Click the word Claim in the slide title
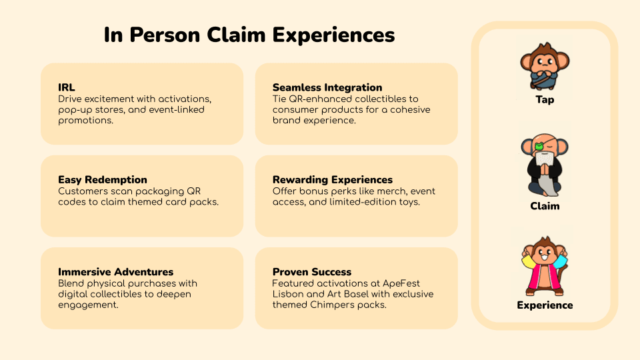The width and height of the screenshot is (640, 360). pyautogui.click(x=236, y=35)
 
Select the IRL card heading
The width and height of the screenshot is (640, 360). pyautogui.click(x=67, y=87)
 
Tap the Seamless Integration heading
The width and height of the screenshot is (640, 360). pyautogui.click(x=327, y=87)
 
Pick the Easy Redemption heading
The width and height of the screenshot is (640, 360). pyautogui.click(x=103, y=179)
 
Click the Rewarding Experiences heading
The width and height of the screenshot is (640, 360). pyautogui.click(x=333, y=179)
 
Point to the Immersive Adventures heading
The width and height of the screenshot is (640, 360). pyautogui.click(x=115, y=272)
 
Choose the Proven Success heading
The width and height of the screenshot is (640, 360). pyautogui.click(x=312, y=272)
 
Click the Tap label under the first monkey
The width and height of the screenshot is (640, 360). pyautogui.click(x=545, y=100)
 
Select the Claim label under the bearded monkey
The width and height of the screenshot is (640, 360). pyautogui.click(x=545, y=206)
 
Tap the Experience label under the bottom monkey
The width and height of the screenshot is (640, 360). pyautogui.click(x=545, y=305)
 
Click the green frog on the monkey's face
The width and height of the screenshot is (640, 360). pyautogui.click(x=539, y=146)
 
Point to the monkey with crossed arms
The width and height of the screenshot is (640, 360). pyautogui.click(x=545, y=66)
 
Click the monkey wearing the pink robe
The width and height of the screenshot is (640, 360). pyautogui.click(x=545, y=266)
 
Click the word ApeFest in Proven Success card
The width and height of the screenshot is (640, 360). pyautogui.click(x=401, y=283)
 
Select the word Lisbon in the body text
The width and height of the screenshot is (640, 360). pyautogui.click(x=288, y=294)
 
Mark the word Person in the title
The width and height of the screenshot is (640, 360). pyautogui.click(x=165, y=35)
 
